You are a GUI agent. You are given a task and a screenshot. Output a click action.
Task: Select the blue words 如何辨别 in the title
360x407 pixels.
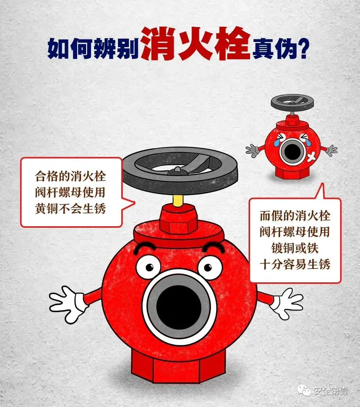(93, 48)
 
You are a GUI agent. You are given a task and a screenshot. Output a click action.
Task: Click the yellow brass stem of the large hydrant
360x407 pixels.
(178, 200)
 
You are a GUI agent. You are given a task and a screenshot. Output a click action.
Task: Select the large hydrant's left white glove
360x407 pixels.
(68, 304)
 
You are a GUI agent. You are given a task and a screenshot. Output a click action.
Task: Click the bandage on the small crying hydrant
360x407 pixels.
(312, 156)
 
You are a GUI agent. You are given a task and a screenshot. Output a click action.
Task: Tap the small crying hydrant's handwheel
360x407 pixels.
(292, 102)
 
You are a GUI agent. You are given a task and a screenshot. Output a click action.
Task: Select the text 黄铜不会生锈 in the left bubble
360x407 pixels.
(71, 209)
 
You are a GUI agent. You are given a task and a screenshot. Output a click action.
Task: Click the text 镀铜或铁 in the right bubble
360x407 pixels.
(295, 248)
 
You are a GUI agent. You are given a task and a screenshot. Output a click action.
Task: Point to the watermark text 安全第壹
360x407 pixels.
(331, 391)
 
